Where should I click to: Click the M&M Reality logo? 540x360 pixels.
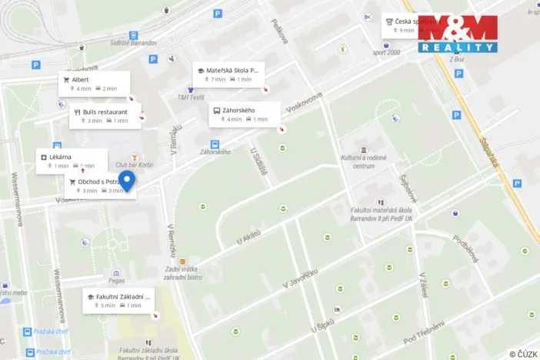458,33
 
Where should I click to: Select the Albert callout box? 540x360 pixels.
93,83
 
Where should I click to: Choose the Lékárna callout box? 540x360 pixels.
69,161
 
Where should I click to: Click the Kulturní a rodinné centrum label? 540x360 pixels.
363,162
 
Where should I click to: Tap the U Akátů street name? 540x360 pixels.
249,232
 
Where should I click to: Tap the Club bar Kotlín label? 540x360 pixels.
135,165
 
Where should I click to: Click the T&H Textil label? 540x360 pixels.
191,98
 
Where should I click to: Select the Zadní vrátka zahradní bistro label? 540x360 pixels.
183,272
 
